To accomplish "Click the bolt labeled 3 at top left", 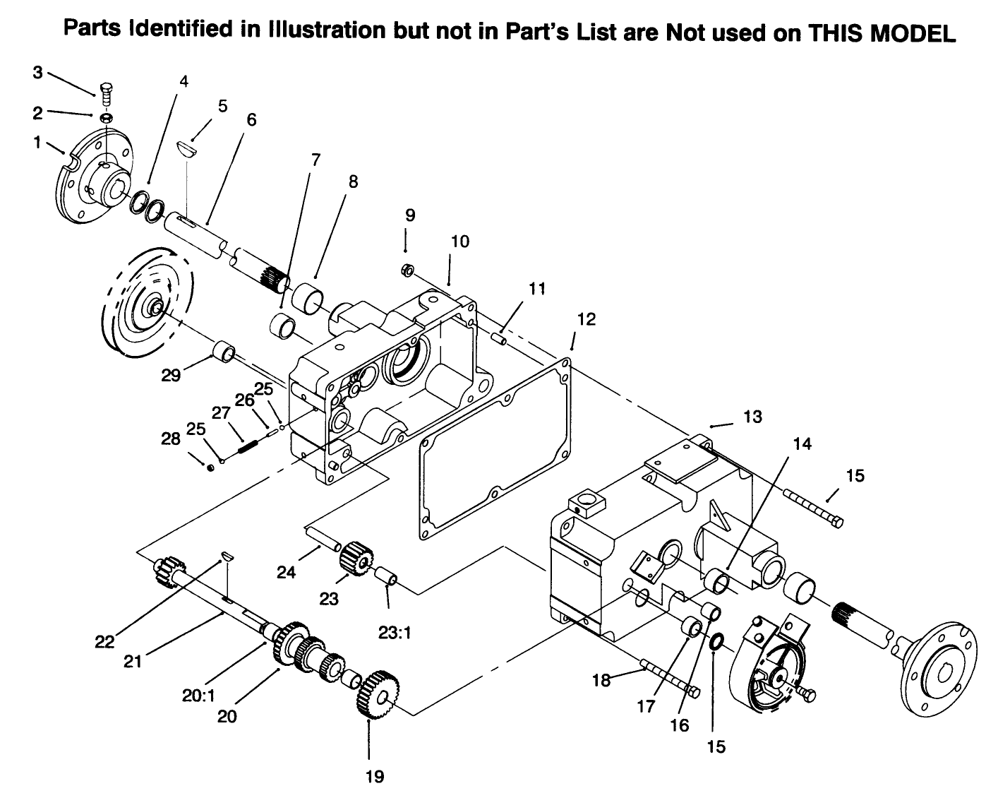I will click(x=104, y=91).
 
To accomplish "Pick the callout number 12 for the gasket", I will click(x=586, y=319).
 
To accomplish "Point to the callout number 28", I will click(x=171, y=439).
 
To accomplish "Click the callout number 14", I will click(x=802, y=443).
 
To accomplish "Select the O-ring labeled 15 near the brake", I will click(x=714, y=641).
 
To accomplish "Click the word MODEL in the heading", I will click(x=913, y=34).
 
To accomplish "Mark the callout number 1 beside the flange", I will click(x=37, y=142).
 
